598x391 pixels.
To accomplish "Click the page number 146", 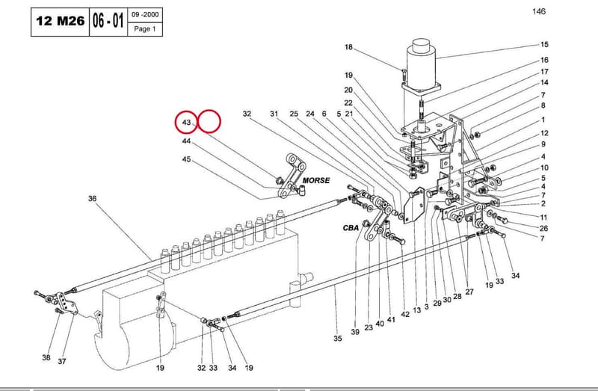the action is point(539,11).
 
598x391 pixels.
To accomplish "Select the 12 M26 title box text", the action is point(61,21).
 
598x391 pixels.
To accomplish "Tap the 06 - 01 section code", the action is point(108,21).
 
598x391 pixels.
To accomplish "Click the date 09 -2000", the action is point(145,14).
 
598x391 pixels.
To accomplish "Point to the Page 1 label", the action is point(145,28).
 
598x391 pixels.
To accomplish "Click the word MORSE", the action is point(316,180).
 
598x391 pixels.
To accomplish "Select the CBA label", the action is point(351,228).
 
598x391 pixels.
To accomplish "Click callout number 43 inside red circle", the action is point(186,123).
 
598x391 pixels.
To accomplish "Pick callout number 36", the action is point(92,198).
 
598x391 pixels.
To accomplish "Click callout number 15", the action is point(544,45).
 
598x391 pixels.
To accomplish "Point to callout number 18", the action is point(348,47).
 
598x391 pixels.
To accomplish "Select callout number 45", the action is point(186,159).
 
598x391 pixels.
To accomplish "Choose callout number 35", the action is point(338,339).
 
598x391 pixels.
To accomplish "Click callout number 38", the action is point(46,357).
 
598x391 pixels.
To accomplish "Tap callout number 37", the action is point(62,361).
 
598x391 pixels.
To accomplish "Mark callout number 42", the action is point(405,314).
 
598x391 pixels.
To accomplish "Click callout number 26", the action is point(544,228).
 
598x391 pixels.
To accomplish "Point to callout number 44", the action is point(186,141).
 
